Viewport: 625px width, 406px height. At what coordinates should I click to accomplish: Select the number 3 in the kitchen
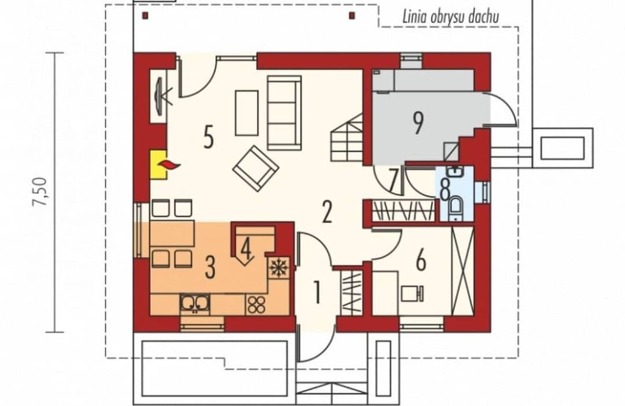tap(210, 267)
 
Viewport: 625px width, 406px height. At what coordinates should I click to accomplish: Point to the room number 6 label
tap(421, 261)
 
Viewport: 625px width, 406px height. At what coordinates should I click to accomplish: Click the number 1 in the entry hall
tap(317, 292)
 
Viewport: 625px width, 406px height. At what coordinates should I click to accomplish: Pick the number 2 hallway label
tap(327, 212)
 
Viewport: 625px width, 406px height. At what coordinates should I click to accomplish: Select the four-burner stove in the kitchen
tap(256, 304)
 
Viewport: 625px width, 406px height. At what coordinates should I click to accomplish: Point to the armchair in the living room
tap(256, 168)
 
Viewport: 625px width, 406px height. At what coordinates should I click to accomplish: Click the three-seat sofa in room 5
tap(284, 113)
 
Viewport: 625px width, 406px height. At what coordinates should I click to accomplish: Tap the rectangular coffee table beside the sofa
tap(247, 113)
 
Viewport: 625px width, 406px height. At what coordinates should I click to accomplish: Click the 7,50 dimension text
tap(41, 191)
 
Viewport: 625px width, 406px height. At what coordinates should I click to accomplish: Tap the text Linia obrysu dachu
tap(450, 17)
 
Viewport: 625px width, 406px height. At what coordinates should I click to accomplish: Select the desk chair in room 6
tap(412, 294)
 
